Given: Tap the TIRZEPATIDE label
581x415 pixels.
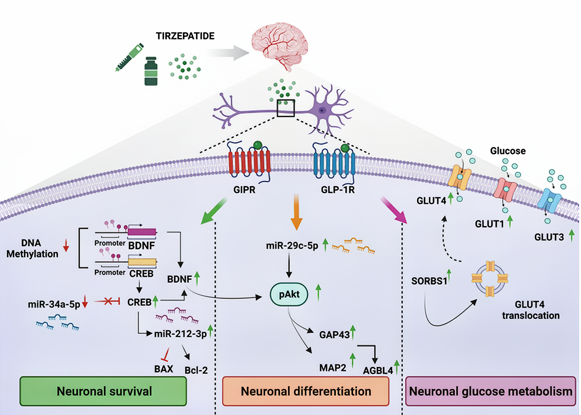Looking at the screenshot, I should [x=185, y=36].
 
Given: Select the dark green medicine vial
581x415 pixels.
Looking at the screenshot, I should [x=151, y=71].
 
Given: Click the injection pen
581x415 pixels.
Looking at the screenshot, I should [x=129, y=57].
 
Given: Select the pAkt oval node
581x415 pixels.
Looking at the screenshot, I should [x=289, y=294].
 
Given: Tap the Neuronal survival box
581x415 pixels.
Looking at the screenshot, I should [x=103, y=391].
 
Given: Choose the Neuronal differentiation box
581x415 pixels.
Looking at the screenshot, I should [x=306, y=391].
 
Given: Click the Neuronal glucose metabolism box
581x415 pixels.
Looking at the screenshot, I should [x=491, y=391].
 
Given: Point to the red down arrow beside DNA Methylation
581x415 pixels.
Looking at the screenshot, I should [x=66, y=245].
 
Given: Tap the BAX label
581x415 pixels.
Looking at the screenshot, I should [x=164, y=369].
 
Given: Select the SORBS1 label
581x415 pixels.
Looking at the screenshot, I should [x=429, y=281].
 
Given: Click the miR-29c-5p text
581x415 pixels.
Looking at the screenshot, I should [x=292, y=246].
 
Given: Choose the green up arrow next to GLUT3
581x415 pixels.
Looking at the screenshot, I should [x=572, y=235].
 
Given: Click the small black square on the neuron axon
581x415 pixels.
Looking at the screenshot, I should [x=286, y=108].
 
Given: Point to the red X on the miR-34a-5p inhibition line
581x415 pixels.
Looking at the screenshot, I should [x=108, y=302].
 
